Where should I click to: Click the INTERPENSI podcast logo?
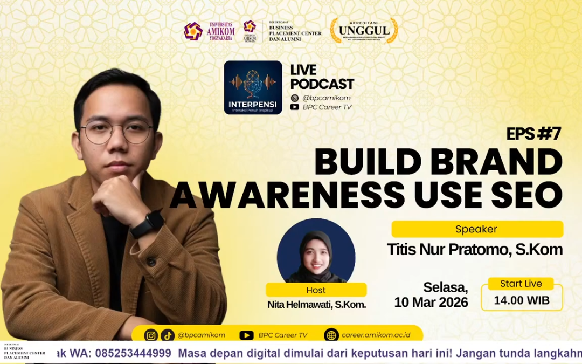[253, 87]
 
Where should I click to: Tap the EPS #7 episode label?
[533, 134]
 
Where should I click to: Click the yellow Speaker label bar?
[477, 229]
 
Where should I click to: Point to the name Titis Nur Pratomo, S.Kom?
[474, 250]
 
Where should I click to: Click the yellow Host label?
[316, 290]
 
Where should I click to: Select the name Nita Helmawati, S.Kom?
[316, 305]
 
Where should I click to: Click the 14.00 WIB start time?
[521, 300]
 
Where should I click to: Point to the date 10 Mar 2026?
[431, 302]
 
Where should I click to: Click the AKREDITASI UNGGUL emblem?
[364, 31]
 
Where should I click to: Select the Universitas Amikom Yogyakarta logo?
[209, 31]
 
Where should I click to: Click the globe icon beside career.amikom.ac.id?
[331, 335]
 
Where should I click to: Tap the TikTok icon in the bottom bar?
[167, 335]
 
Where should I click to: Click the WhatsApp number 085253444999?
[133, 353]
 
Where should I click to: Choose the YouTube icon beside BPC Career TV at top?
[295, 107]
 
